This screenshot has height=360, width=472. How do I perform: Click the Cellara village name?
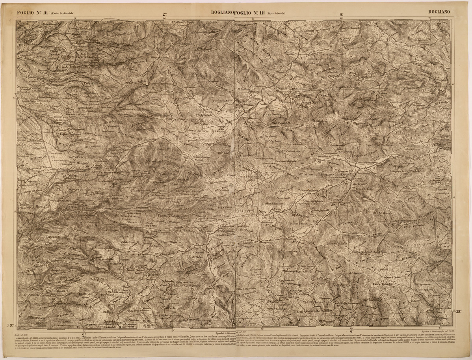pos(78,139)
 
